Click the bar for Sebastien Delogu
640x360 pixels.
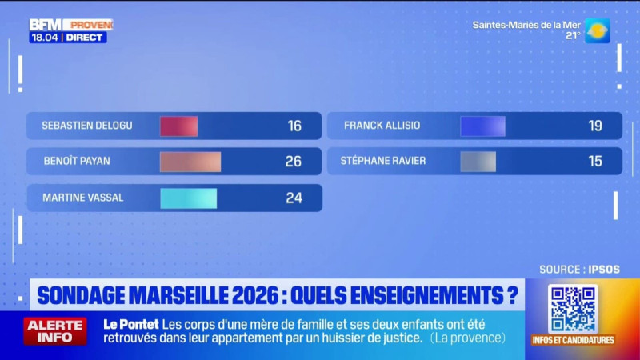(178, 126)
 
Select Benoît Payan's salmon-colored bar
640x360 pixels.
(190, 162)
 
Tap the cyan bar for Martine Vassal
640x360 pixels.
(188, 198)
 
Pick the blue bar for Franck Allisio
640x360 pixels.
(482, 126)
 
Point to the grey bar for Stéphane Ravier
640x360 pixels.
(478, 162)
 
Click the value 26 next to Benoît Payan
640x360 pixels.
(294, 162)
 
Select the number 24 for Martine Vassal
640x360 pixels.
(294, 198)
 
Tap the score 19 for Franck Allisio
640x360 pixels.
(595, 126)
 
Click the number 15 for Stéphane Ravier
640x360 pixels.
(595, 162)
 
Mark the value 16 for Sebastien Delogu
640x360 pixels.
(294, 126)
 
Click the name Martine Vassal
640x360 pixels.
(83, 198)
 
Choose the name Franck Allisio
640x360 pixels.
(382, 126)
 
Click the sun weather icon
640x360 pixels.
(597, 30)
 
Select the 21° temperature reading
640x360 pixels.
(573, 36)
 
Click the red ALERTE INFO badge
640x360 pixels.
(55, 330)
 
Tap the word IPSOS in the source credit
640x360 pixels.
(606, 270)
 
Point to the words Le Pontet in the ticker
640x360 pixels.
(130, 324)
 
